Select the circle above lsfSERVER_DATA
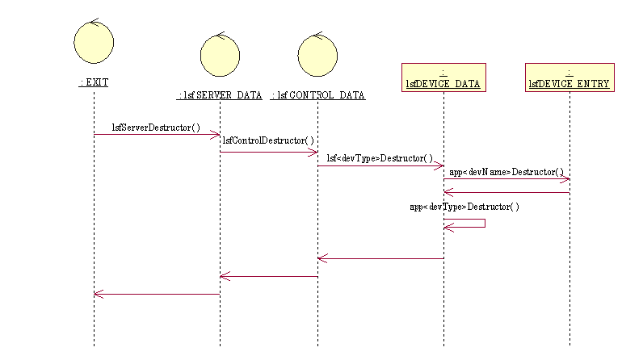[x=220, y=54]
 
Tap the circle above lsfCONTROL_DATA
[x=317, y=55]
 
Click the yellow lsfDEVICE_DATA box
[x=443, y=77]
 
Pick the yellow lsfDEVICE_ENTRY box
[x=569, y=77]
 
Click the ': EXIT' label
[x=94, y=82]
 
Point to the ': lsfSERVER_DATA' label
[x=220, y=95]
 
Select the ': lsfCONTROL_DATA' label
[x=317, y=95]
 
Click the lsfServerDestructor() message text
[x=156, y=127]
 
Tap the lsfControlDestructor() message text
[x=268, y=140]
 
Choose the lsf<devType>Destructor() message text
[x=380, y=158]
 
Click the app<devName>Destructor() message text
[x=506, y=172]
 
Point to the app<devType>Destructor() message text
[x=464, y=207]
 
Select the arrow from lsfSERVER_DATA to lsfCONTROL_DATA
[x=268, y=152]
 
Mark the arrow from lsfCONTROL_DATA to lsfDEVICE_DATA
[x=380, y=166]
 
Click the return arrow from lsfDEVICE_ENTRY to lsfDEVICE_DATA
[x=506, y=192]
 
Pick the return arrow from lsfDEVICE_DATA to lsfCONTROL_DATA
[x=380, y=259]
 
